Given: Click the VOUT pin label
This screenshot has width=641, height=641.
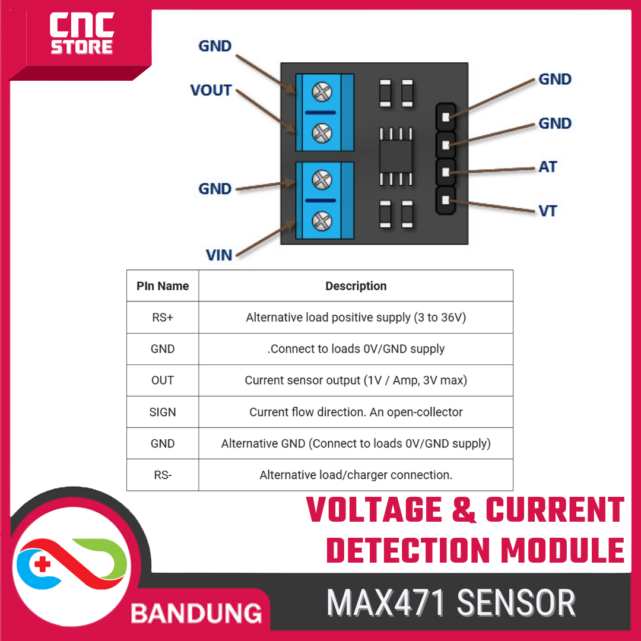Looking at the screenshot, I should (x=211, y=90).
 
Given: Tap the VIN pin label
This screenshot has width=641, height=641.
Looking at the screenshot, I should (x=219, y=255).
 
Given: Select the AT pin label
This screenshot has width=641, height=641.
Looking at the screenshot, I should (x=547, y=167).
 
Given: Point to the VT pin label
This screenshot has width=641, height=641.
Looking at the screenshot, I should (x=547, y=211).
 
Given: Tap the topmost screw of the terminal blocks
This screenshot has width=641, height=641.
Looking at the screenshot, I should (x=322, y=92).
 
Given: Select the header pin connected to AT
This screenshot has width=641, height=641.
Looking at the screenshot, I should (x=446, y=172).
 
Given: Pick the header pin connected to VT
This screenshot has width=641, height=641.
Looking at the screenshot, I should (x=446, y=202).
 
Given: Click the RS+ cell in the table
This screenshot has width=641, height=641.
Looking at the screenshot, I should (x=163, y=318).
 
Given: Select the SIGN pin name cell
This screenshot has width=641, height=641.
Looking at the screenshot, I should (x=163, y=412).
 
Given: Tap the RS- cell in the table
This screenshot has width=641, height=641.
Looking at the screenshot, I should (x=163, y=475).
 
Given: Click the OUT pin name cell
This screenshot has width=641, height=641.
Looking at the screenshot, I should (x=163, y=380).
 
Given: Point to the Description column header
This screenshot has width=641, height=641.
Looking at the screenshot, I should (x=356, y=286).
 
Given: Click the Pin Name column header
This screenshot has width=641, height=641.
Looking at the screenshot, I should (x=163, y=286).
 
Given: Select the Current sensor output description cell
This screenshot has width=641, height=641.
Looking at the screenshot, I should (x=356, y=380).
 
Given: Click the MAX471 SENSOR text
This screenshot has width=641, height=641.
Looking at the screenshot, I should (x=451, y=603).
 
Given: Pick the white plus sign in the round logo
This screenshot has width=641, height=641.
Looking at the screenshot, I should (x=42, y=564).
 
